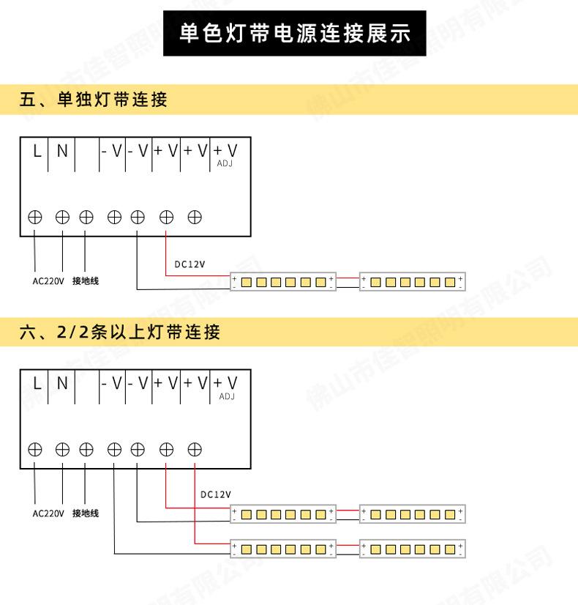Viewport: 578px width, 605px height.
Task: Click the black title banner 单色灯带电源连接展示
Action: click(x=296, y=34)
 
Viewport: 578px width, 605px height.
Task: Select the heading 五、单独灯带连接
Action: click(x=93, y=99)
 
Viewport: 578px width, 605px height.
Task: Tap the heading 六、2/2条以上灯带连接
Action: click(x=120, y=333)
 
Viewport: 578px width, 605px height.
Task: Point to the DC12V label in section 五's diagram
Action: click(x=189, y=264)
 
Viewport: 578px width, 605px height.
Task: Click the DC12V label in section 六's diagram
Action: click(x=216, y=494)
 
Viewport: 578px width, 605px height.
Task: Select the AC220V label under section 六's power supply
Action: click(x=48, y=513)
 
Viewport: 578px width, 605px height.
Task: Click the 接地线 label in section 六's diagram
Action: click(x=86, y=513)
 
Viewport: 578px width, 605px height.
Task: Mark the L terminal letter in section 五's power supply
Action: click(x=35, y=151)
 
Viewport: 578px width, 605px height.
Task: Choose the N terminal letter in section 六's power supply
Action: click(x=62, y=382)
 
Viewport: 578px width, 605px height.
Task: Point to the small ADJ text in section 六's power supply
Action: click(x=227, y=396)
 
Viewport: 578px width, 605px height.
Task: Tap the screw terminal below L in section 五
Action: click(x=35, y=217)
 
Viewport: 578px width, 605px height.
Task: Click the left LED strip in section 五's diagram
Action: click(x=283, y=281)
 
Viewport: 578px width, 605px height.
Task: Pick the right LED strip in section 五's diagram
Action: click(x=413, y=281)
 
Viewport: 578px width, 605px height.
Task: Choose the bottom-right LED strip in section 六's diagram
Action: click(x=413, y=549)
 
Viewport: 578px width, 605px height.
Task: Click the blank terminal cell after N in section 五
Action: click(x=86, y=152)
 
